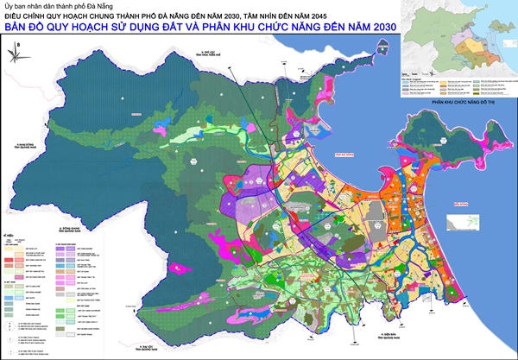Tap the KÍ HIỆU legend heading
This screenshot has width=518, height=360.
tap(9, 234)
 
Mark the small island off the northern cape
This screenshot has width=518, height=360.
tap(331, 62)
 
